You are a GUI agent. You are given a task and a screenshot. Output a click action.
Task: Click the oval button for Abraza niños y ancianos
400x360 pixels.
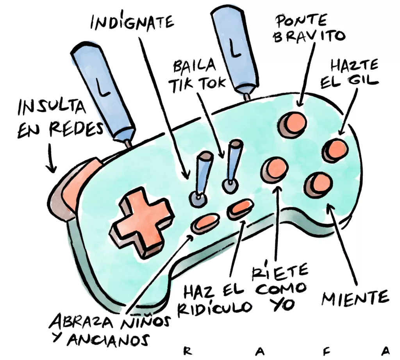click(205, 222)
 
